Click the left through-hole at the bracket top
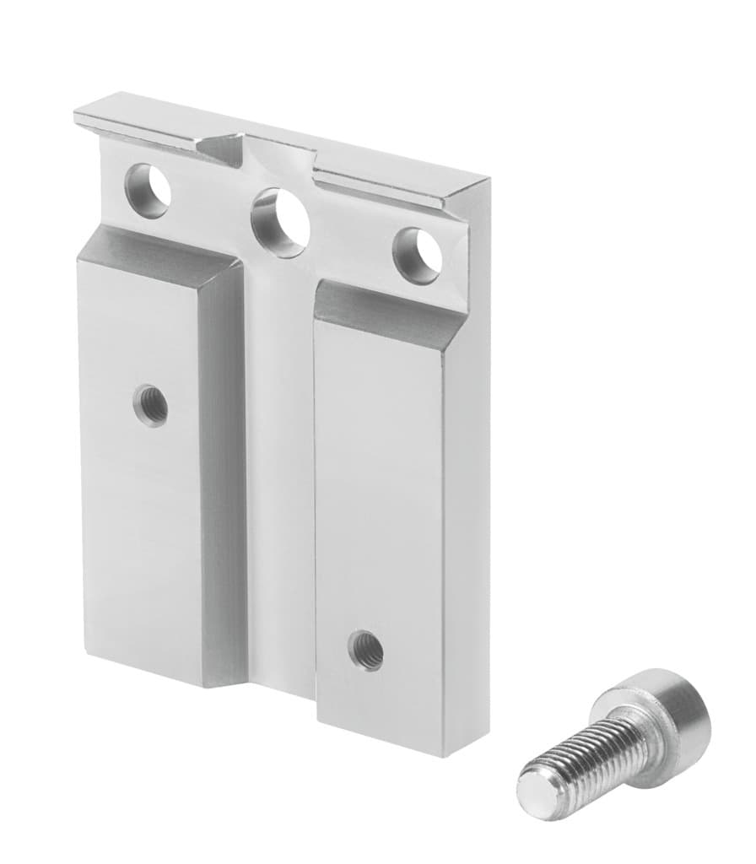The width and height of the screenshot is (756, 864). click(148, 192)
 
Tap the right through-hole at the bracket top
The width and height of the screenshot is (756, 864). click(418, 255)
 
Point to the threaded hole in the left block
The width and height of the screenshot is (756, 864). click(151, 405)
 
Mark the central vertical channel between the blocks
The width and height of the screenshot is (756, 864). click(278, 464)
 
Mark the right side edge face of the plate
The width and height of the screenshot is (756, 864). click(467, 506)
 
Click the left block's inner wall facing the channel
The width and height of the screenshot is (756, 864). click(224, 472)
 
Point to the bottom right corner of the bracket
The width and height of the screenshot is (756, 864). click(442, 753)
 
